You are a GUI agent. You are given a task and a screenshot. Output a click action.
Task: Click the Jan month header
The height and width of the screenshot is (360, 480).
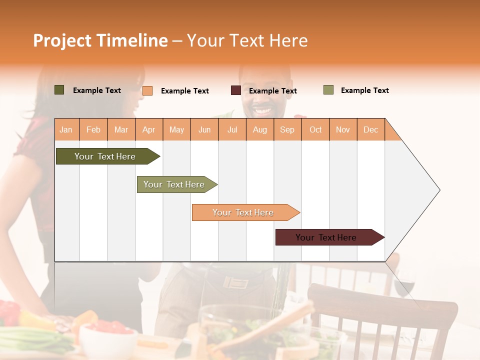tap(66, 129)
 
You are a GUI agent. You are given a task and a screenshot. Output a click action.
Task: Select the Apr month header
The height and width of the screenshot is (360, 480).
tap(149, 129)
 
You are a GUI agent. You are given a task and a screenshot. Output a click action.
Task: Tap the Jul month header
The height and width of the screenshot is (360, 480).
tap(232, 129)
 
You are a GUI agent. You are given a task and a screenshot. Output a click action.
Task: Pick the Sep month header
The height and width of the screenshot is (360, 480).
tap(287, 129)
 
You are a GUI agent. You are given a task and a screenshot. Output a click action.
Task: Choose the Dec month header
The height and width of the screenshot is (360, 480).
tap(370, 129)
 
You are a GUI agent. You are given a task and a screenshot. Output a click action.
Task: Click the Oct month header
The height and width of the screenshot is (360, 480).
tap(315, 129)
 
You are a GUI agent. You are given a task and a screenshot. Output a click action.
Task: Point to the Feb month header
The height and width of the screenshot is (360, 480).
tap(93, 129)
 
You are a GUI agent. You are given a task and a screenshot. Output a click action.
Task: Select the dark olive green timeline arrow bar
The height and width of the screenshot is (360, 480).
tap(105, 156)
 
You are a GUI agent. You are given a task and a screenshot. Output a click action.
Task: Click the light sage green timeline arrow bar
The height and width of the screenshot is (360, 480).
tap(174, 184)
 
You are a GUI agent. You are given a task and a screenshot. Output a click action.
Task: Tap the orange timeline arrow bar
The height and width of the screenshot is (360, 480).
tap(243, 212)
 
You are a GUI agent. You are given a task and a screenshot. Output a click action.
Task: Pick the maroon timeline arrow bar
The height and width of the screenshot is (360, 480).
tap(326, 237)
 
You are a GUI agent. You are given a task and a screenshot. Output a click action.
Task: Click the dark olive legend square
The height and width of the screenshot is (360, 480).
tap(59, 90)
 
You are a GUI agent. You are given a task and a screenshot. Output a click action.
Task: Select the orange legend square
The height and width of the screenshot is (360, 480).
tap(147, 90)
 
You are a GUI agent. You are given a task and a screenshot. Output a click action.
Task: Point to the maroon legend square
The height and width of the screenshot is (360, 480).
tap(236, 90)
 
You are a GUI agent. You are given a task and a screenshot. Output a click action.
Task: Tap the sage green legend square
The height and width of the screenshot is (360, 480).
tap(328, 90)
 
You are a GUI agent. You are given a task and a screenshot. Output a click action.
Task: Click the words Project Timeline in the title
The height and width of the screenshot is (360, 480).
tap(100, 40)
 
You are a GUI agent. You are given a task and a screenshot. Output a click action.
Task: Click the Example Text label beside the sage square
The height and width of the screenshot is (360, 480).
tap(364, 90)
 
